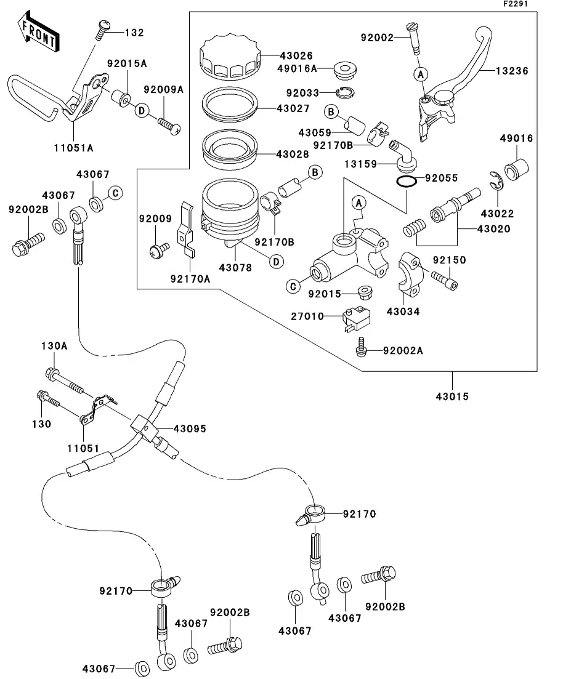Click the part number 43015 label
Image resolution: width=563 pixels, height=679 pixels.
tap(452, 396)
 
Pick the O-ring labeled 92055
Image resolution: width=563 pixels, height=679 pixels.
tap(405, 182)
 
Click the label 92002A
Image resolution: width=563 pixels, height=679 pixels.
tap(402, 350)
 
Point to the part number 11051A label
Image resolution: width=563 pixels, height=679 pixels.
tap(73, 147)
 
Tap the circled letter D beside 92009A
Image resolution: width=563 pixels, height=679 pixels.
tap(141, 110)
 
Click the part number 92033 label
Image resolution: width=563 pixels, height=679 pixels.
tap(302, 93)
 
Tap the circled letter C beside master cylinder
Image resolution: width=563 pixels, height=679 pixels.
tap(294, 286)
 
